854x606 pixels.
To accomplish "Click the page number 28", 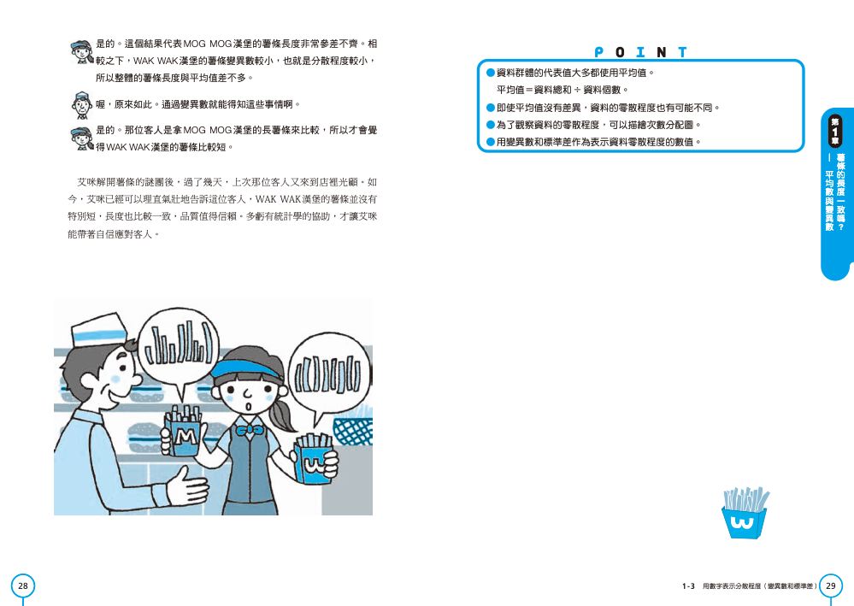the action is point(23,585).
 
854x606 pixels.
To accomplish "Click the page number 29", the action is point(831,585).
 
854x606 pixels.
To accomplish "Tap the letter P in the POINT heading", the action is point(598,52).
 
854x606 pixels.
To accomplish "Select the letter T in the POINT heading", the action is point(682,52).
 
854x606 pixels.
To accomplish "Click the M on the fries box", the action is point(186,437).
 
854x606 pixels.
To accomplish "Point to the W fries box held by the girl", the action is point(314,459).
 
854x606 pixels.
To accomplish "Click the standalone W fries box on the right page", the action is point(744,513).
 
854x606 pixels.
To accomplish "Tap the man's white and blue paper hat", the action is point(99,330).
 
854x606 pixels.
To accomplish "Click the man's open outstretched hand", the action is point(187,485).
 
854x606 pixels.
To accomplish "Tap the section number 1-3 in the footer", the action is point(688,586).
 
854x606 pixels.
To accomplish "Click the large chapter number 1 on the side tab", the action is point(835,131).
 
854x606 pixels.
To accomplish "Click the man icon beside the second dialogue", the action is point(82,105).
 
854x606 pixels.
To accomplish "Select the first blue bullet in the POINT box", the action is point(490,73).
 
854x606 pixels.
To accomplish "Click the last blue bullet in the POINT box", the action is point(490,142).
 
